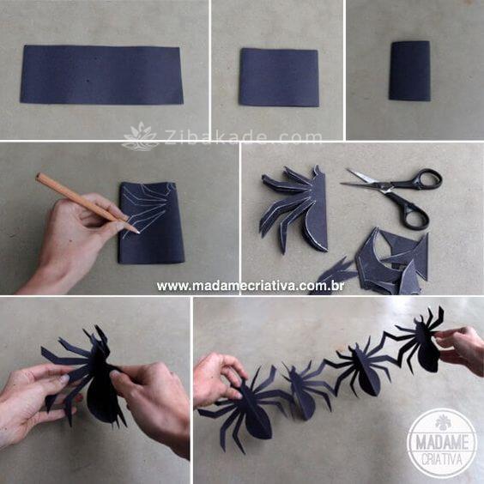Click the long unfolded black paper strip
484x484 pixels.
(101, 75)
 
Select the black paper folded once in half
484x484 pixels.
(279, 77)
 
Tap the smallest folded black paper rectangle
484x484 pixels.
(410, 70)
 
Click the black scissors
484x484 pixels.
(398, 196)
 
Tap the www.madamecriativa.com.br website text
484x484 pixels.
(250, 286)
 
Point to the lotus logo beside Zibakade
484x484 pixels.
(141, 136)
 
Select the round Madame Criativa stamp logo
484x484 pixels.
(442, 444)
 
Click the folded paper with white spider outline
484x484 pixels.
(151, 222)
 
